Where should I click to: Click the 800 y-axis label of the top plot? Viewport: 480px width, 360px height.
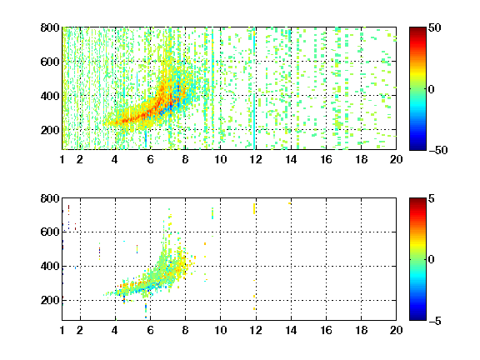[x=50, y=27]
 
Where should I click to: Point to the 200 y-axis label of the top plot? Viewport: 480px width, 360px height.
[x=50, y=130]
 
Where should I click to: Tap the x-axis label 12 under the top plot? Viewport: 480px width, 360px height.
[x=256, y=159]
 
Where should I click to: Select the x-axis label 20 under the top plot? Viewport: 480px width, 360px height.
[x=396, y=159]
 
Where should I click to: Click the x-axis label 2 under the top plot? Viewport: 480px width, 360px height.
[x=80, y=159]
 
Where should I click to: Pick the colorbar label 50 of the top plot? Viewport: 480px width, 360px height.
[x=434, y=27]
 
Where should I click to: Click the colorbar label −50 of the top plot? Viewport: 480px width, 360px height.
[x=437, y=150]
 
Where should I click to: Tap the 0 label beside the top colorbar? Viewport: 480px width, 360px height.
[x=431, y=89]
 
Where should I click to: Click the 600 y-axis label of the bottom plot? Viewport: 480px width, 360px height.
[x=50, y=232]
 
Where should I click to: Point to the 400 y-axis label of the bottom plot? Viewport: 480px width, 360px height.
[x=50, y=266]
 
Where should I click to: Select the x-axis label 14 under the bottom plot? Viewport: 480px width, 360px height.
[x=291, y=330]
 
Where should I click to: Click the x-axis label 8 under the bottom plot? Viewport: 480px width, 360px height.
[x=185, y=330]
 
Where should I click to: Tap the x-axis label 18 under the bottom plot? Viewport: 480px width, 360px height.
[x=361, y=330]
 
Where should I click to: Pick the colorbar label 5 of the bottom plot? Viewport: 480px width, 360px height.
[x=432, y=198]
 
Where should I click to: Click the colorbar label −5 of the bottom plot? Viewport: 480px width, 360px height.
[x=435, y=321]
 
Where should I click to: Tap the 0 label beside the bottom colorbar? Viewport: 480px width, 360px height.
[x=431, y=260]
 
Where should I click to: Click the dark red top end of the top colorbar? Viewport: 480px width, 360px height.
[x=417, y=29]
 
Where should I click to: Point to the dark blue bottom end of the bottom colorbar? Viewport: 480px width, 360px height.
[x=417, y=318]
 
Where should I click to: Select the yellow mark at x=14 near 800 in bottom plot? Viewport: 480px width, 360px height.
[x=290, y=203]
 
